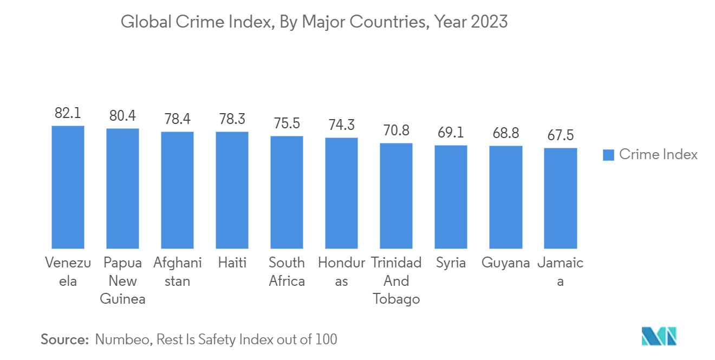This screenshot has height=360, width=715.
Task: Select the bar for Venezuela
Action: tap(68, 187)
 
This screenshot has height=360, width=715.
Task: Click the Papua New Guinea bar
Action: tap(122, 188)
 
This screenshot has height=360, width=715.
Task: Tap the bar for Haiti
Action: tap(232, 190)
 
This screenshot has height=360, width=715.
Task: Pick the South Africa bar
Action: tap(287, 192)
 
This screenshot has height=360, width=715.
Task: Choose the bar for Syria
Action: tap(451, 197)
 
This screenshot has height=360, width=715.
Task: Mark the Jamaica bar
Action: tap(560, 198)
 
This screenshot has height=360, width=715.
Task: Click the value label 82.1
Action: tap(68, 113)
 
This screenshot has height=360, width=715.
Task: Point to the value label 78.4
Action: tap(177, 119)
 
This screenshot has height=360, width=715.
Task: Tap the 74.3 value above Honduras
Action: tap(341, 125)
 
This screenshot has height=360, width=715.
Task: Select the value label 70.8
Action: tap(396, 130)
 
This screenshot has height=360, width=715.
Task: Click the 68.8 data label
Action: tap(506, 133)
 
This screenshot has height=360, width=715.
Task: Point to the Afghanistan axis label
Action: tap(177, 272)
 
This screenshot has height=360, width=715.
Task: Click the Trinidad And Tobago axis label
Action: tap(396, 281)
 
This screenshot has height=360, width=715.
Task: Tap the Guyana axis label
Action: tap(506, 263)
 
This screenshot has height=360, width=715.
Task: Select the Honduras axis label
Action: tap(341, 272)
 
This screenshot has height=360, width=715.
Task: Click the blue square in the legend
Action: tap(608, 155)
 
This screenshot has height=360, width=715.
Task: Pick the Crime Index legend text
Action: tap(658, 155)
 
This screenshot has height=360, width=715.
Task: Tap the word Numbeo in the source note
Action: tap(123, 339)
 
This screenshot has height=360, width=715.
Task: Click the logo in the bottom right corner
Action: tap(659, 336)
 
